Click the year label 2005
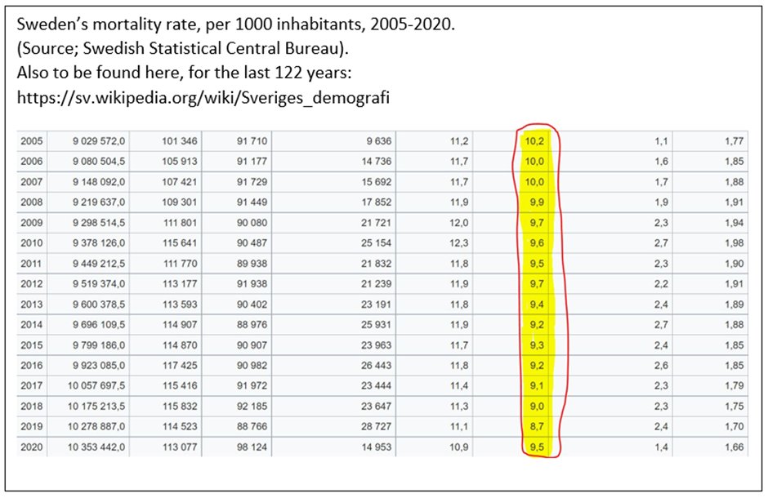32,141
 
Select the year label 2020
32,447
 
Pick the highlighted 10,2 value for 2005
535,141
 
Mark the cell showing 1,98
733,242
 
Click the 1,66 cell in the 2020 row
733,447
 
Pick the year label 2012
32,283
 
